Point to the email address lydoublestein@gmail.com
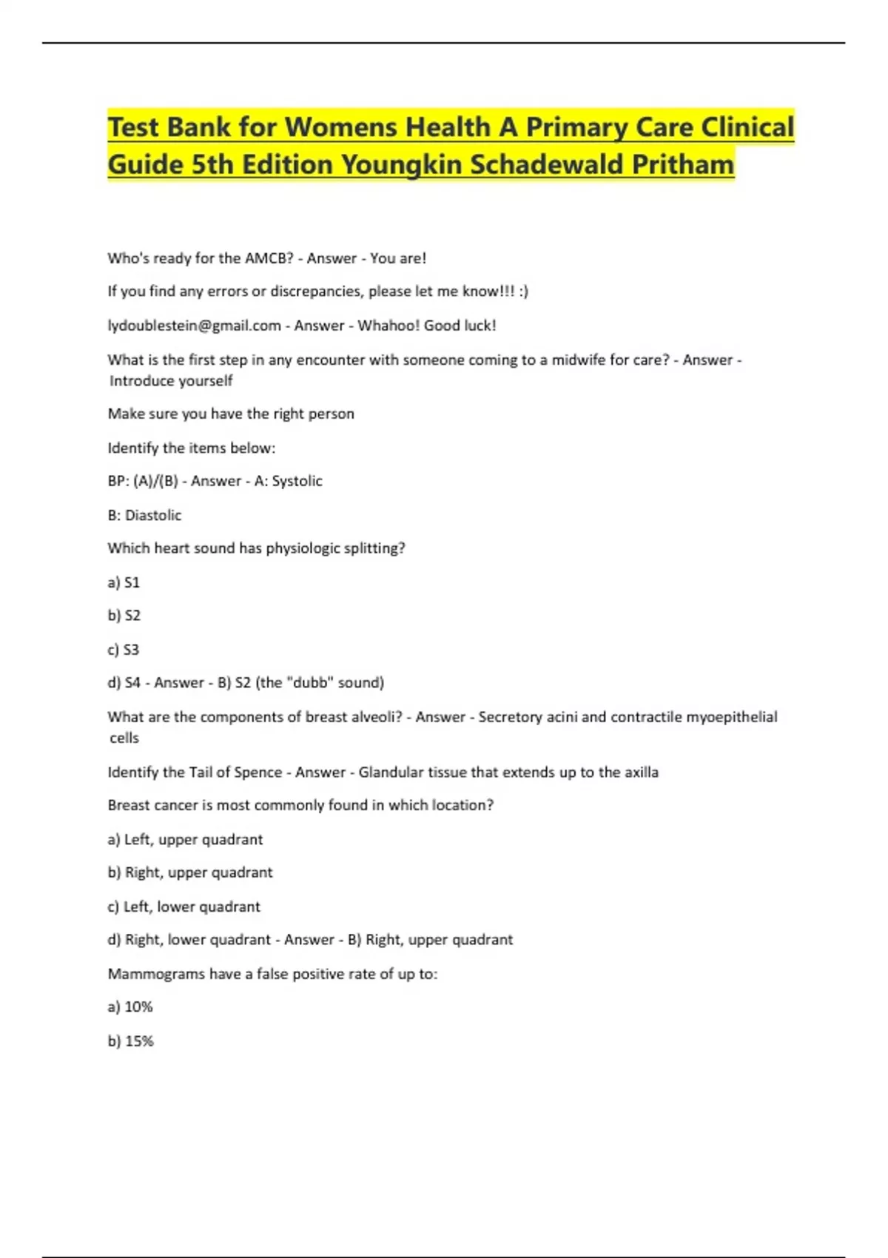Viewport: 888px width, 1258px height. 194,326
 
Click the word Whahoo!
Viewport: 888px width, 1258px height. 388,326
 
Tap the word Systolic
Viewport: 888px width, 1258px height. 297,481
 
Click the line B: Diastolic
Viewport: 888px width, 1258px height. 144,515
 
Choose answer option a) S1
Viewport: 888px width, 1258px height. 124,582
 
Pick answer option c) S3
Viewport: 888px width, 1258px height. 124,650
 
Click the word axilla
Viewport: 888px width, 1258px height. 641,772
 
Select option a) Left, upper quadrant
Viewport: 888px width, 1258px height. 185,839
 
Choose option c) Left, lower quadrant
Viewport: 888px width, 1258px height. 184,906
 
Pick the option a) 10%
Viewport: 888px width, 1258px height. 130,1007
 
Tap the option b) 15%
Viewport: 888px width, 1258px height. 130,1041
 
